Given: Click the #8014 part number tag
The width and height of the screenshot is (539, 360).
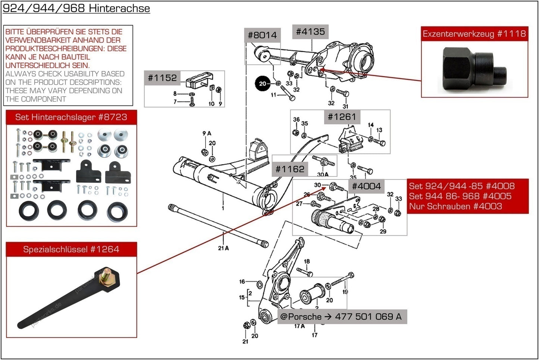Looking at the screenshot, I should [262, 35].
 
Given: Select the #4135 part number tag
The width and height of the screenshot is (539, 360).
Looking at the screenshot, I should [310, 32].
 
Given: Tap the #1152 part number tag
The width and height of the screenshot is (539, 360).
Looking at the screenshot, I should [162, 78].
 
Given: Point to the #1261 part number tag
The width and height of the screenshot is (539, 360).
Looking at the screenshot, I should [342, 117].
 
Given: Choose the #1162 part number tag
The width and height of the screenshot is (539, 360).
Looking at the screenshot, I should [290, 169].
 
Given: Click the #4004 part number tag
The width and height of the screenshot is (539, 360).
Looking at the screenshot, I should [366, 186].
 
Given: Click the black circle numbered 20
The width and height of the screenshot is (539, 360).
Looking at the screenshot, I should [263, 84].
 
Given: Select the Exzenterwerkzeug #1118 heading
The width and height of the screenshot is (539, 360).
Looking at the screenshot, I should [474, 34].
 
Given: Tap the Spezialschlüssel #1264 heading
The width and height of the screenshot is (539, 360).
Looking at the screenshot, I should [71, 249].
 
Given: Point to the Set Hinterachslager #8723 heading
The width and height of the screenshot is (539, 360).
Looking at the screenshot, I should [71, 117].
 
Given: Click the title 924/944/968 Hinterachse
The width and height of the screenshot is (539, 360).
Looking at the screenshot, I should [76, 8].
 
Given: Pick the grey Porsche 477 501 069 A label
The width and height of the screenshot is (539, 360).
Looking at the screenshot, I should [341, 317].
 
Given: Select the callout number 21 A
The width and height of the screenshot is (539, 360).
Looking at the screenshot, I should [223, 248].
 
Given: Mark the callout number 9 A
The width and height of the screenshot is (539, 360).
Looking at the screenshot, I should [207, 133].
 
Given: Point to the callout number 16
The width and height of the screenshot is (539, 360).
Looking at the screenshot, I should [242, 282].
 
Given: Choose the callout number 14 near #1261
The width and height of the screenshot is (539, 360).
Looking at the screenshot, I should [370, 125].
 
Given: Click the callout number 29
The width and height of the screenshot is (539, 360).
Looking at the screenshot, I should [383, 231].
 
